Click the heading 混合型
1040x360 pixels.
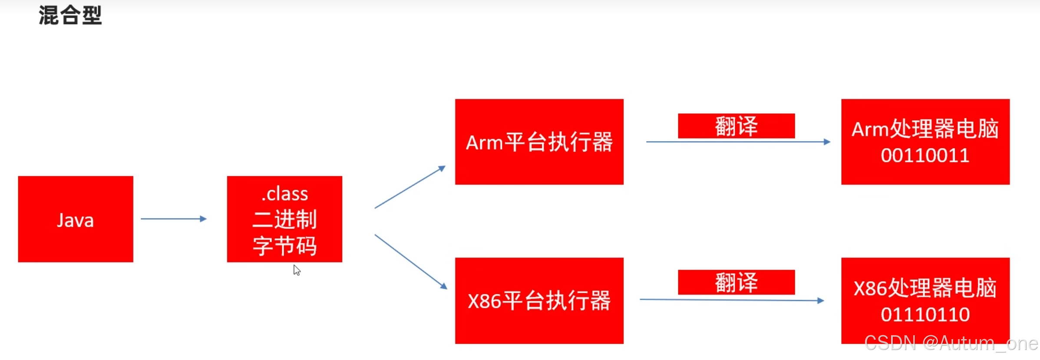click(70, 16)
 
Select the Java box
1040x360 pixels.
click(76, 219)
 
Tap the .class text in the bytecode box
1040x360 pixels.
click(285, 194)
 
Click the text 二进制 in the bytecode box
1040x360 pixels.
click(285, 219)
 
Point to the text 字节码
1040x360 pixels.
click(285, 246)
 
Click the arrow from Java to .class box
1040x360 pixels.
click(173, 219)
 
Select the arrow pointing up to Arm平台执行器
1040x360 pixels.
click(410, 187)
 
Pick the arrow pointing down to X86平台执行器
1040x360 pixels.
click(410, 261)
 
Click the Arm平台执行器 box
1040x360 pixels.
click(539, 142)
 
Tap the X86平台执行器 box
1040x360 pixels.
click(539, 301)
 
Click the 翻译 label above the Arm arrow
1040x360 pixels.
click(736, 126)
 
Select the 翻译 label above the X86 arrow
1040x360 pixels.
click(736, 282)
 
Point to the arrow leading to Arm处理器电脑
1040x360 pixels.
click(738, 142)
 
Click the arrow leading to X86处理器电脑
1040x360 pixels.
click(732, 300)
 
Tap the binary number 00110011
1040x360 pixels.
click(925, 155)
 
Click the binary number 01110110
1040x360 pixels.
click(925, 314)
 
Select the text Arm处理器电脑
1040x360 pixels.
click(925, 129)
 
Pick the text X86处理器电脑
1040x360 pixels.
click(925, 288)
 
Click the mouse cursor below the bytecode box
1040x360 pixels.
click(297, 270)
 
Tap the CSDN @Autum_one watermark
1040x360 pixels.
click(951, 343)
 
